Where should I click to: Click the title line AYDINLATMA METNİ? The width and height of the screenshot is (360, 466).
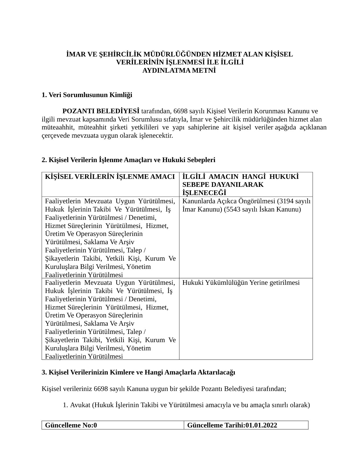tap(179, 71)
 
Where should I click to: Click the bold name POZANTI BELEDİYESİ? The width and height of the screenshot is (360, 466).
tap(101, 111)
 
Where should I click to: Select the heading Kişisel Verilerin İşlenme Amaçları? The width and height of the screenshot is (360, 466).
tap(129, 160)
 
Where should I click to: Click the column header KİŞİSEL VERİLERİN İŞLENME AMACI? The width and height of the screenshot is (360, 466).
tap(110, 177)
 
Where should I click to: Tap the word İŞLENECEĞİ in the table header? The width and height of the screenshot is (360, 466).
tap(204, 193)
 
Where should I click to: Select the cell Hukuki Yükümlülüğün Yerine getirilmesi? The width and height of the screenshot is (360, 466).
tap(241, 283)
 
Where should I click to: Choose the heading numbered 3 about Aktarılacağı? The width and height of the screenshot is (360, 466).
tap(138, 372)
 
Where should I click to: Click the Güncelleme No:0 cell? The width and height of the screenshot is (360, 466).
tap(71, 425)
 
